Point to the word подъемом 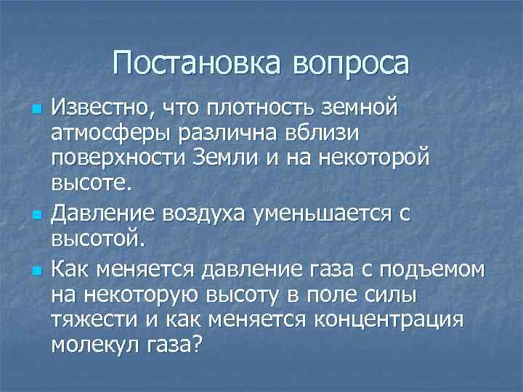pos(437,271)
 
